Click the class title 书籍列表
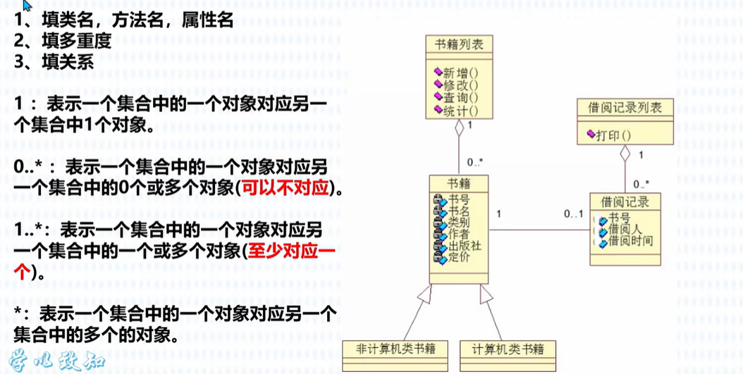coord(458,46)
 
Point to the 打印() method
coord(613,135)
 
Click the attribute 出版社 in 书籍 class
coord(465,246)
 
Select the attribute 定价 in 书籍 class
coord(460,257)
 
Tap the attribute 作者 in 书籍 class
coord(460,235)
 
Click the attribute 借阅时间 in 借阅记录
coord(631,241)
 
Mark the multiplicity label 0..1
coord(572,214)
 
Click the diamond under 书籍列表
coord(459,128)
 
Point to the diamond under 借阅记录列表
coord(624,152)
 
